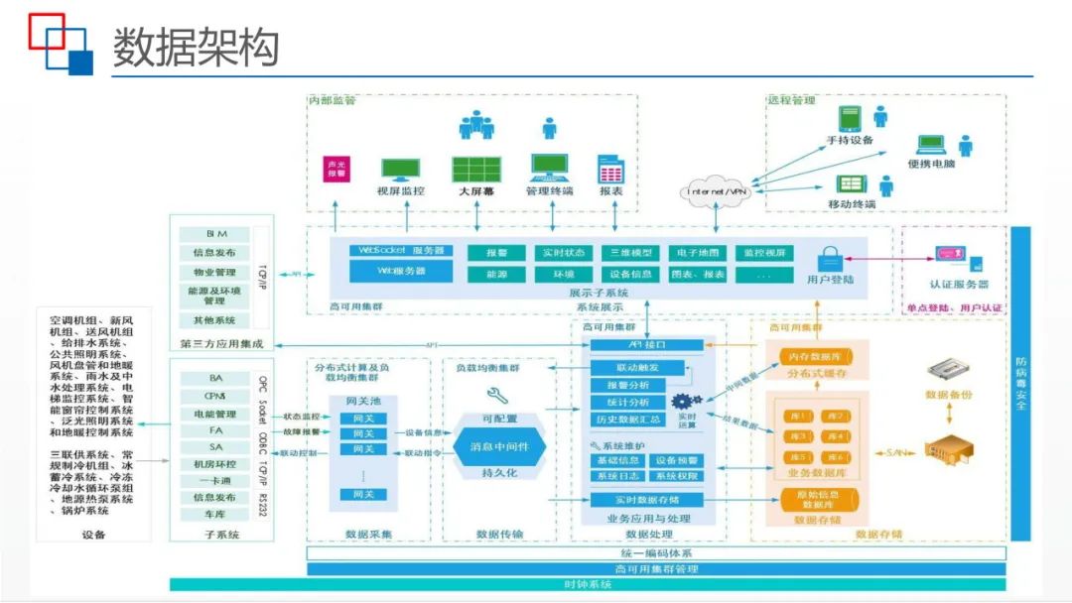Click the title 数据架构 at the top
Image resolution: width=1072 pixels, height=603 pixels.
coord(196,47)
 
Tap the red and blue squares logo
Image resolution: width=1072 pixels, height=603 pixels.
coord(60,44)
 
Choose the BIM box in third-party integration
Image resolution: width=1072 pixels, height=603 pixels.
coord(215,234)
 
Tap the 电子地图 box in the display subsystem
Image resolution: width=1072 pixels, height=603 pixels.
coord(699,253)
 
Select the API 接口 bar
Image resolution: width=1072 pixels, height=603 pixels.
coord(647,345)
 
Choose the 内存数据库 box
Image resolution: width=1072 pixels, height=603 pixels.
coord(814,355)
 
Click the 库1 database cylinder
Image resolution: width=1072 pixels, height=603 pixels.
coord(795,417)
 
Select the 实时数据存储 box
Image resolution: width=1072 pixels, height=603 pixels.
coord(647,499)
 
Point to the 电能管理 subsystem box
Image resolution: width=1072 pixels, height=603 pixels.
coord(215,414)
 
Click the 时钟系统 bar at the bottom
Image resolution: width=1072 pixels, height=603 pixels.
coord(588,584)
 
